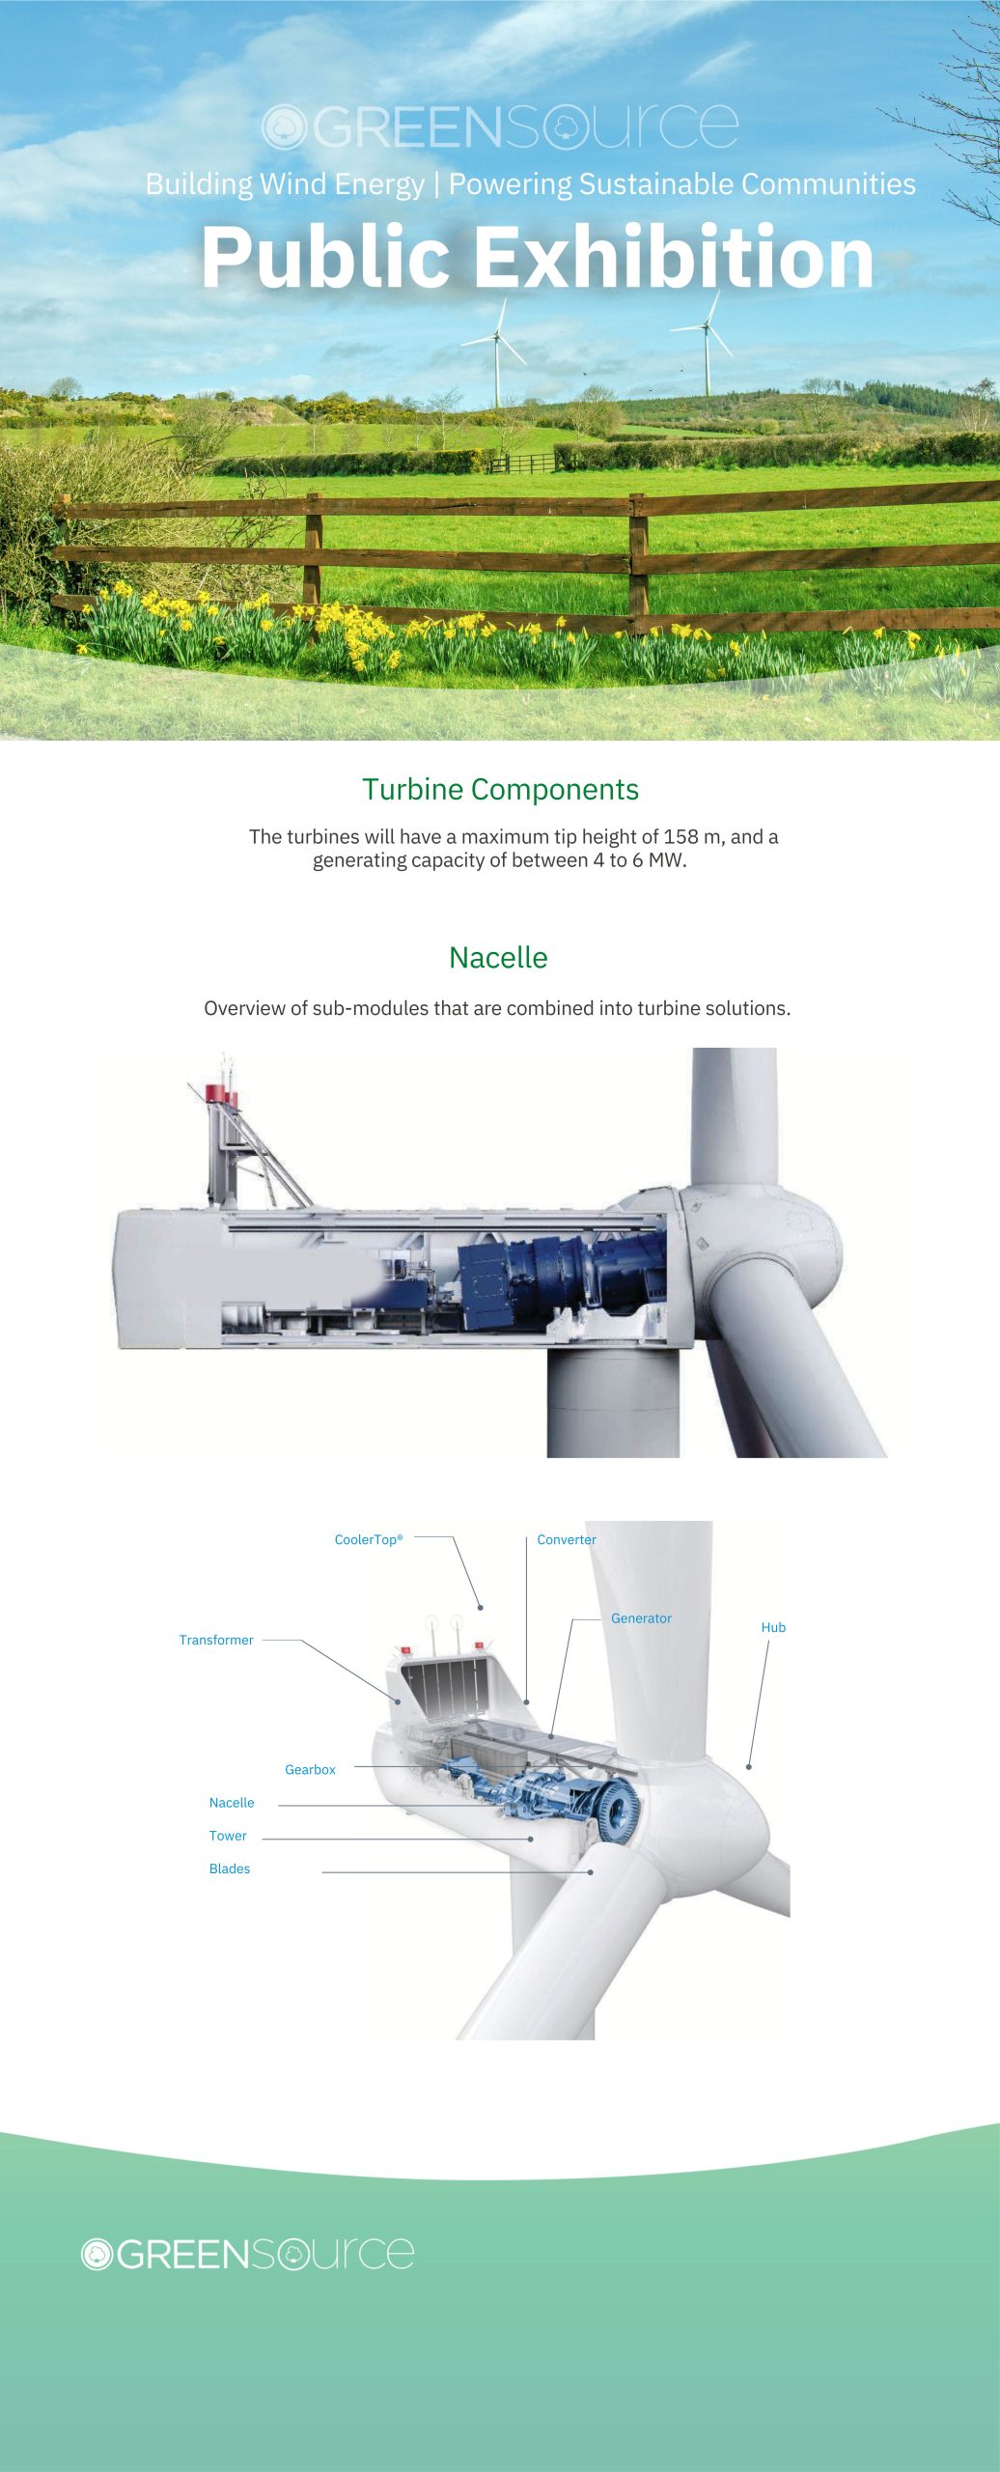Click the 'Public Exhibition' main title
click(x=537, y=257)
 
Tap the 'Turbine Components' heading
click(x=500, y=789)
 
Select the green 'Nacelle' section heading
click(x=498, y=957)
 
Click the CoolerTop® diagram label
click(x=368, y=1539)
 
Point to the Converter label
click(x=566, y=1539)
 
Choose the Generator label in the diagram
click(x=641, y=1617)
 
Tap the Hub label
click(x=773, y=1627)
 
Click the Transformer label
click(x=216, y=1640)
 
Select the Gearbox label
click(x=310, y=1769)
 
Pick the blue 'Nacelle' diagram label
click(x=232, y=1802)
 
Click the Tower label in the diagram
click(x=228, y=1836)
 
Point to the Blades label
click(x=230, y=1868)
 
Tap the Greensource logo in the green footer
click(x=247, y=2253)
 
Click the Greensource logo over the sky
click(x=500, y=127)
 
